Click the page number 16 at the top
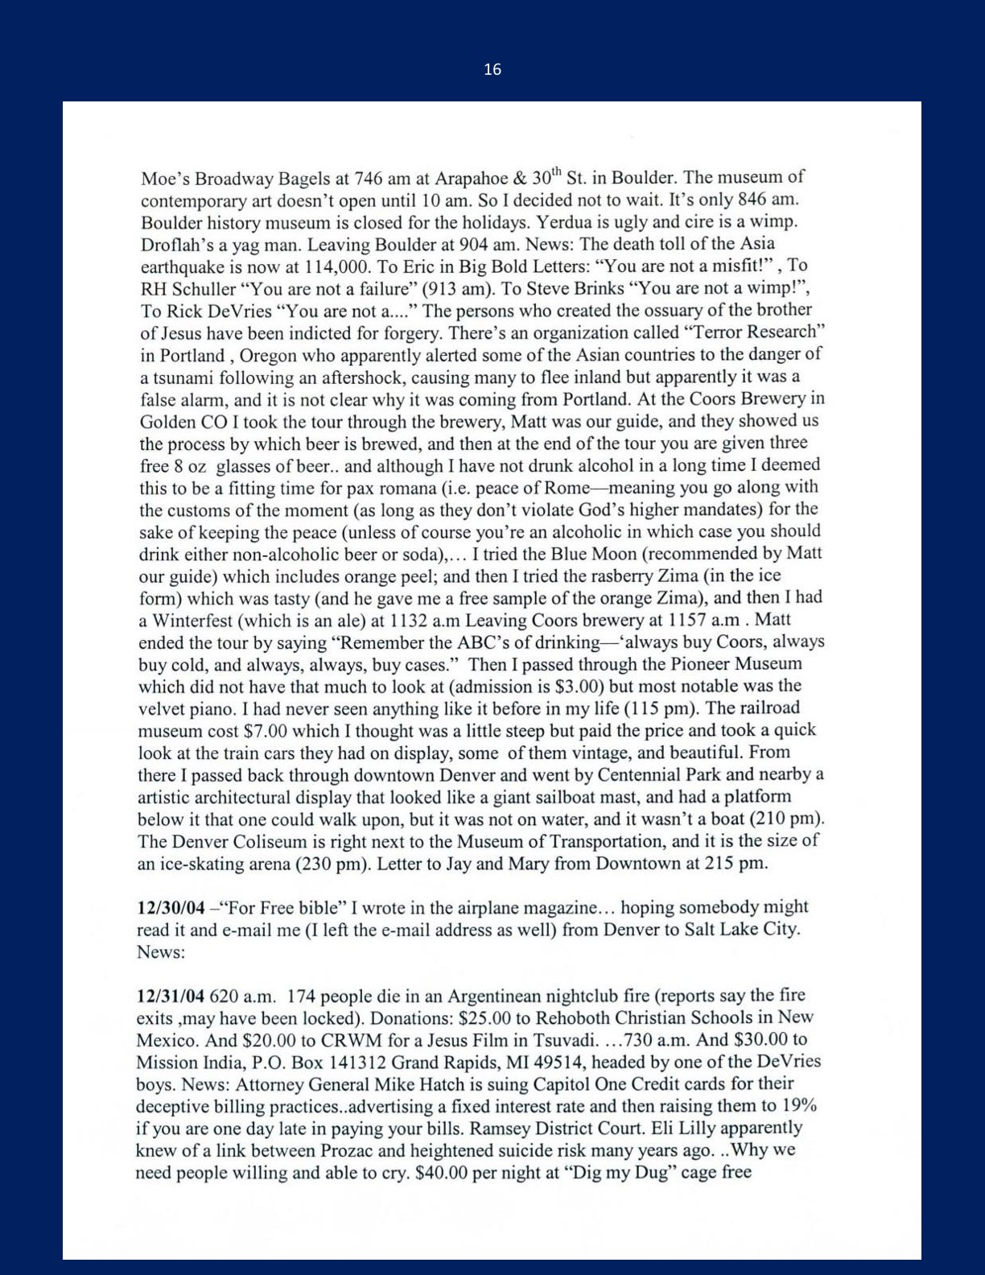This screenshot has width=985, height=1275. click(x=492, y=70)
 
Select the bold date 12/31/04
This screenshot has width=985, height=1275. click(x=170, y=996)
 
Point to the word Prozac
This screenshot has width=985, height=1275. click(x=349, y=1150)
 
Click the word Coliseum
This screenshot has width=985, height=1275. click(x=270, y=842)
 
